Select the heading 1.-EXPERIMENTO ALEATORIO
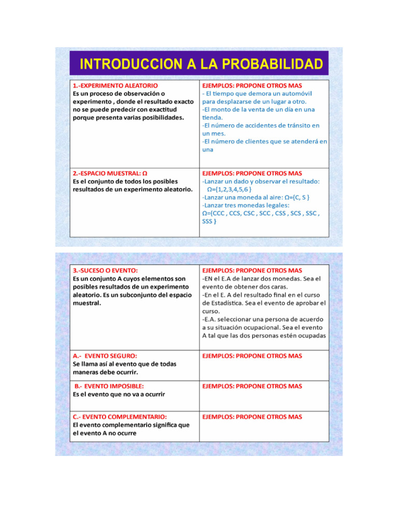(116, 85)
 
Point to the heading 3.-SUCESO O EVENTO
(105, 271)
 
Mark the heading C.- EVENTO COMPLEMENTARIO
(120, 417)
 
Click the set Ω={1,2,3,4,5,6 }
(229, 189)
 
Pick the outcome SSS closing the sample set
(208, 221)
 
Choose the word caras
(278, 287)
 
